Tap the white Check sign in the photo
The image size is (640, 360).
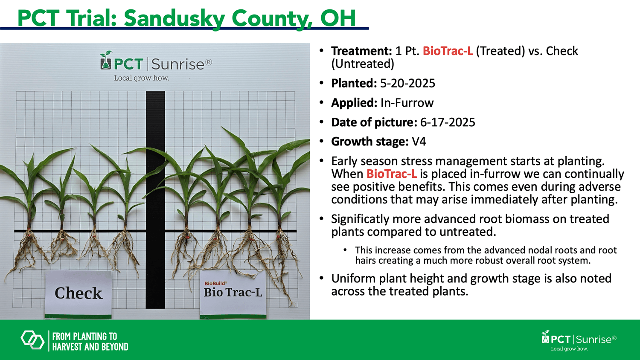pyautogui.click(x=78, y=294)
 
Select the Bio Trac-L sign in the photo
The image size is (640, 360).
pyautogui.click(x=233, y=294)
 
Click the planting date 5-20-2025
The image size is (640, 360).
pyautogui.click(x=407, y=84)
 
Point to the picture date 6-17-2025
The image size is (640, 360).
pyautogui.click(x=448, y=122)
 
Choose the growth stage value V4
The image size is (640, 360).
pyautogui.click(x=419, y=142)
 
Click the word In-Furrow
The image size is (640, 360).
pyautogui.click(x=407, y=103)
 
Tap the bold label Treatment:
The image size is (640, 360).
pyautogui.click(x=361, y=51)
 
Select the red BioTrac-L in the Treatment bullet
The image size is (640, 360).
pyautogui.click(x=448, y=51)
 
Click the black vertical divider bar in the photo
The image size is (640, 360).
pyautogui.click(x=155, y=200)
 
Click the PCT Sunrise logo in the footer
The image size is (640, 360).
pyautogui.click(x=579, y=340)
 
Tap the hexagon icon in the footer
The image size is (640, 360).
pyautogui.click(x=32, y=340)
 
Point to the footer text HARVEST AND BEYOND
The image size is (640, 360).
pyautogui.click(x=90, y=347)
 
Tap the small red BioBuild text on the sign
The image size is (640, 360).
pyautogui.click(x=215, y=283)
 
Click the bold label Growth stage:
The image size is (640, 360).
pyautogui.click(x=370, y=142)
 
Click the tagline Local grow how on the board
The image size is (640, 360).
pyautogui.click(x=141, y=78)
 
